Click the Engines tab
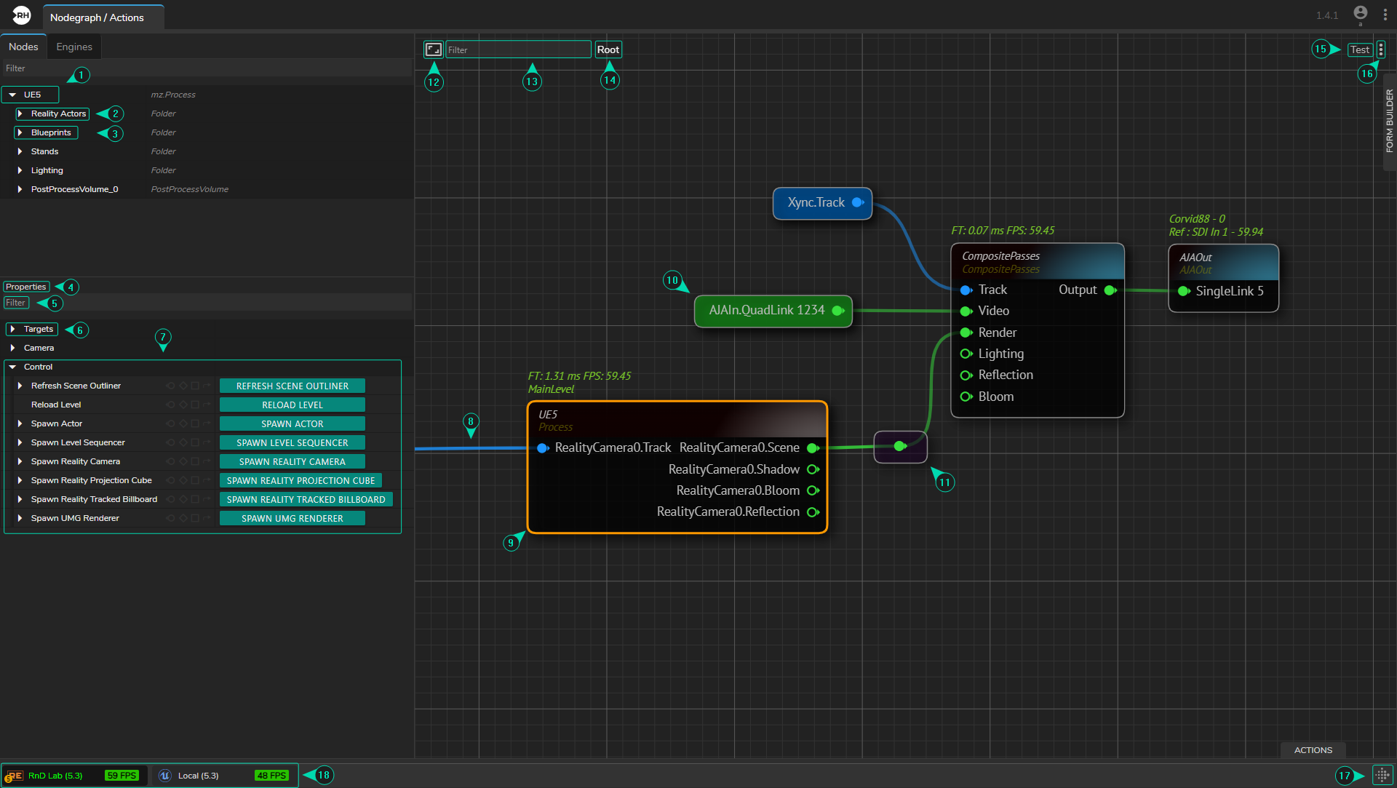tap(74, 47)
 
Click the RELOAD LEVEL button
tap(292, 405)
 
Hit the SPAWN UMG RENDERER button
tap(292, 519)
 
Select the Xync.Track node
tap(816, 203)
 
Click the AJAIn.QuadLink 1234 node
tap(766, 311)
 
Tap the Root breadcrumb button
tap(608, 49)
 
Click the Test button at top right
tap(1359, 49)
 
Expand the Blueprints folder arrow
tap(20, 133)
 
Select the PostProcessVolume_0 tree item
tap(74, 189)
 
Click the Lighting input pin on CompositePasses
tap(966, 354)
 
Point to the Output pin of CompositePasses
tap(1110, 290)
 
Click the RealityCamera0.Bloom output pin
tap(813, 491)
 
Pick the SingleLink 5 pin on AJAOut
tap(1184, 291)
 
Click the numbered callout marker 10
tap(672, 280)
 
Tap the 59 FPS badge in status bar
tap(122, 776)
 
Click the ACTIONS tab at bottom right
tap(1313, 750)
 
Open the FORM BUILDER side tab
tap(1389, 121)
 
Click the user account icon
tap(1360, 13)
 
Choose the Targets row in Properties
tap(38, 330)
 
